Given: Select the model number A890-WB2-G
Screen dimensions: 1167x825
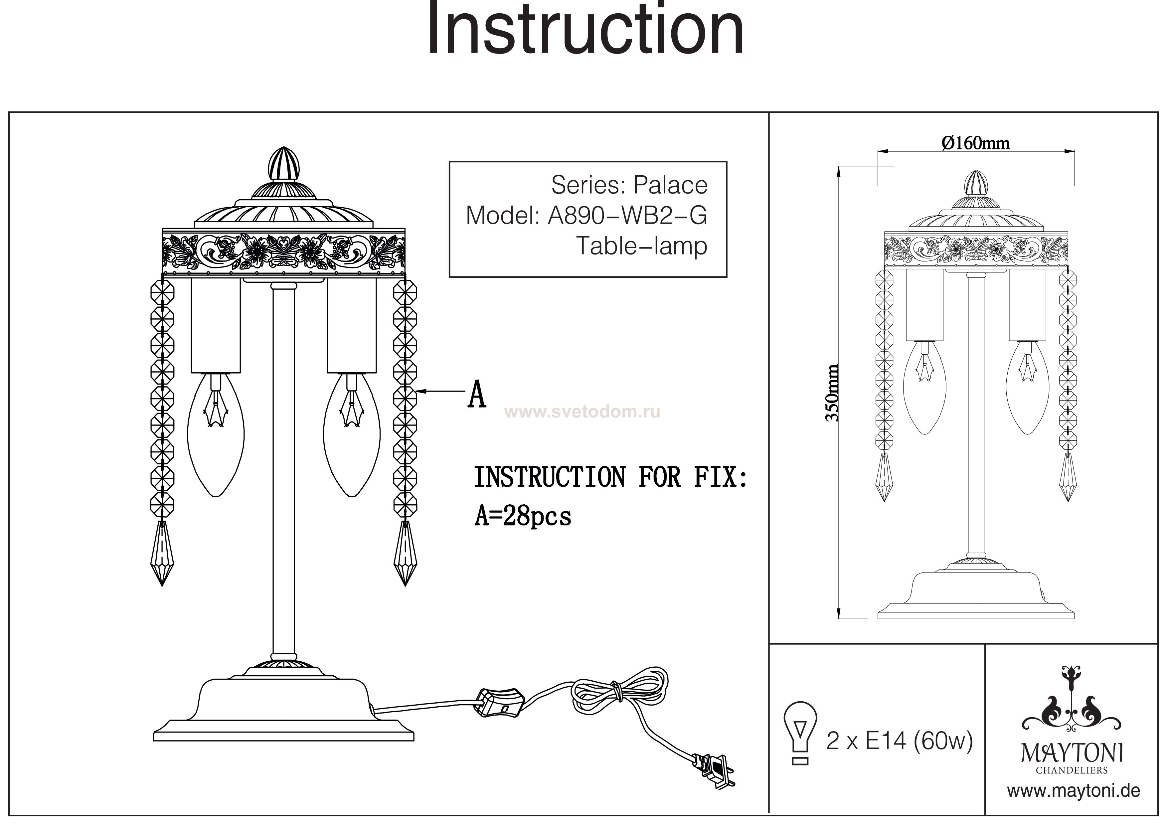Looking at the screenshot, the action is coord(627,216).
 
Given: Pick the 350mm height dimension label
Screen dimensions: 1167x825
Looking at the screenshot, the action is coord(832,393).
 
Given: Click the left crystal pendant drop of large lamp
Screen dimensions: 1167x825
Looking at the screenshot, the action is coord(162,553).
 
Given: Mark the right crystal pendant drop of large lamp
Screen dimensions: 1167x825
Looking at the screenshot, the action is coord(405,553).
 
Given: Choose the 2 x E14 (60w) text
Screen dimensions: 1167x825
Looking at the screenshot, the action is coord(900,741).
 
